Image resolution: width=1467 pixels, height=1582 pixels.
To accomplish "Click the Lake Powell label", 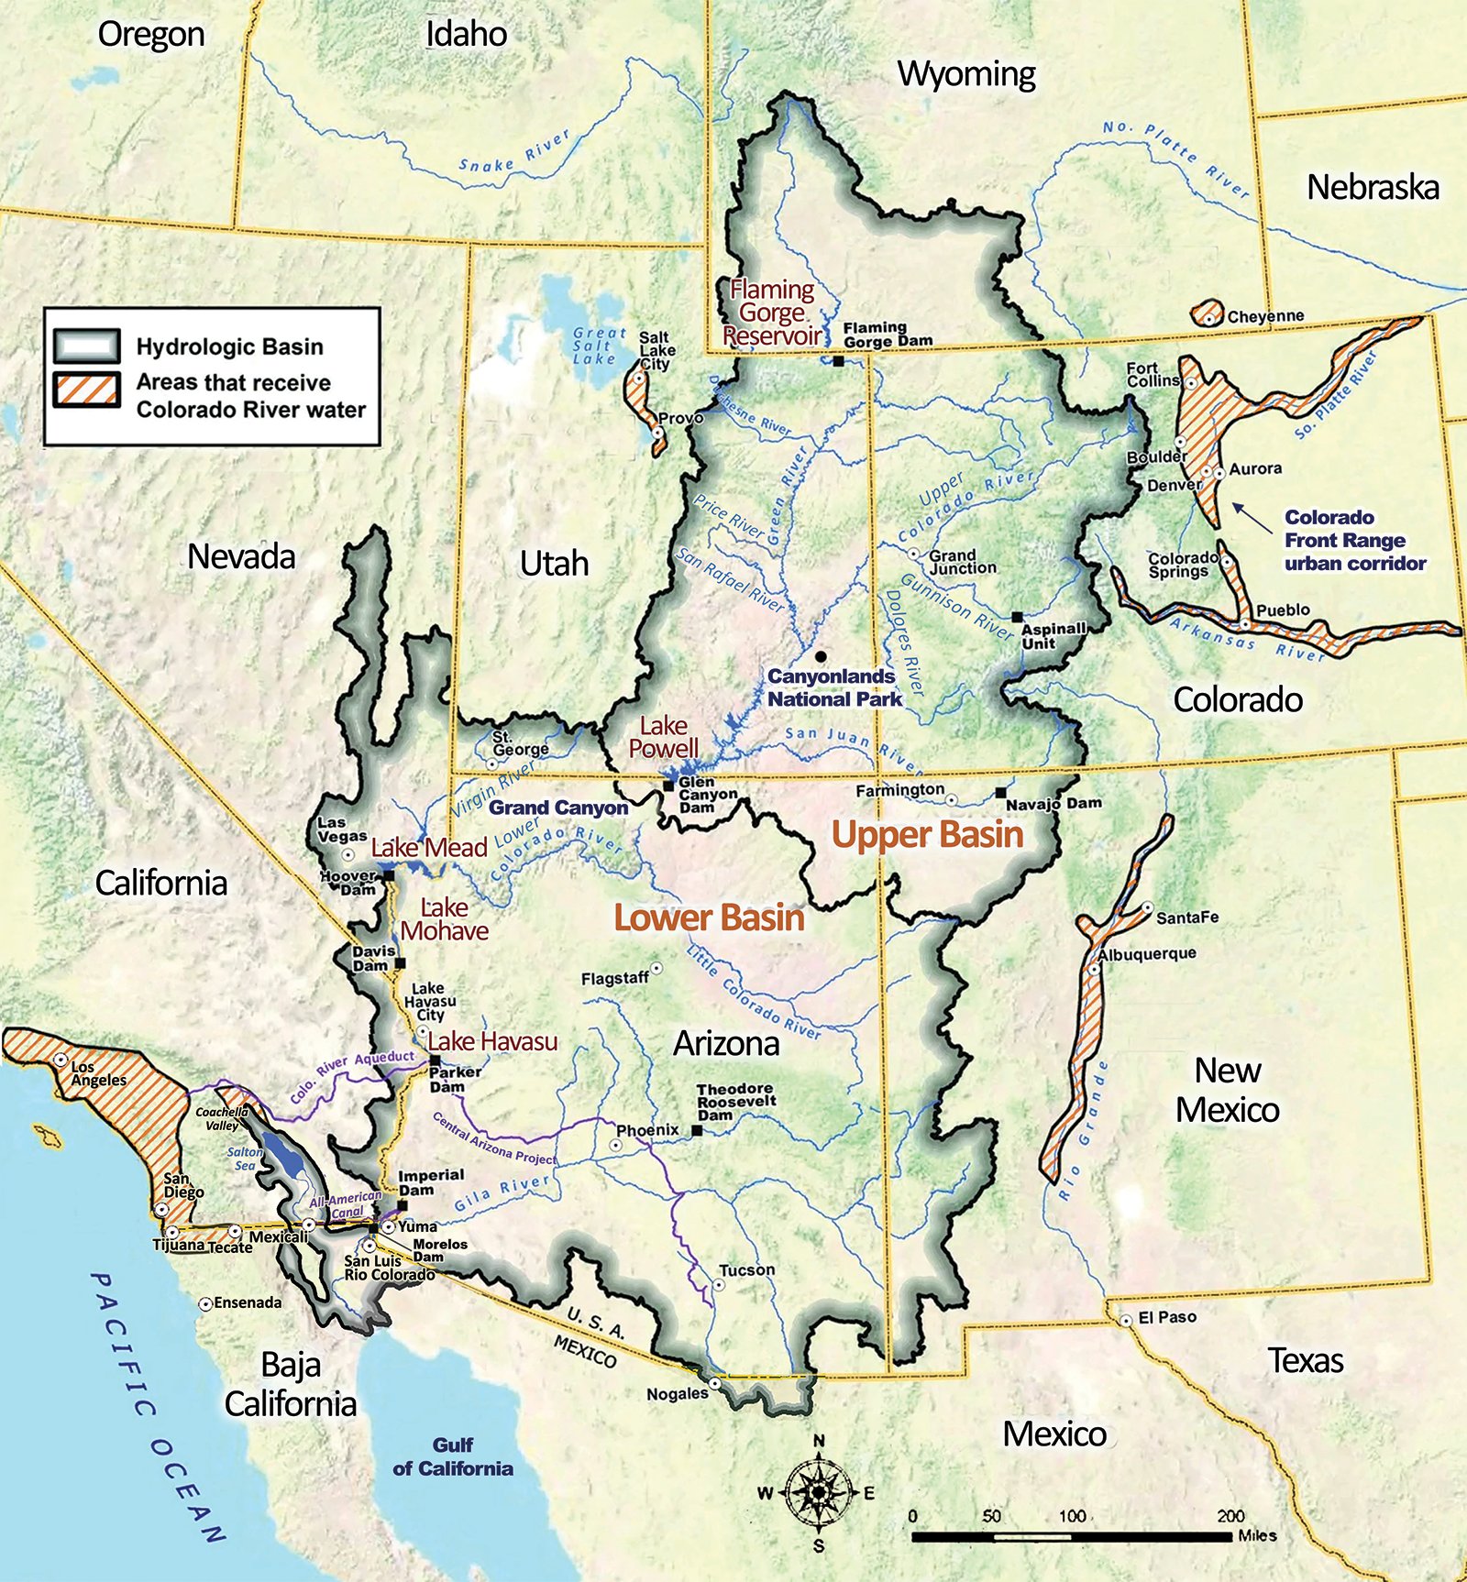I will [663, 737].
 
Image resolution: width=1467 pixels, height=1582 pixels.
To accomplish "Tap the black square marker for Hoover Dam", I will [389, 876].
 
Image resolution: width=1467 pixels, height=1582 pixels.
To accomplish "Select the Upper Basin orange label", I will [927, 834].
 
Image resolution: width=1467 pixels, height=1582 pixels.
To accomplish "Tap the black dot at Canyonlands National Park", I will [821, 656].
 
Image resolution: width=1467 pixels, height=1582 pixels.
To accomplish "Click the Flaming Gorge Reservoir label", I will [772, 313].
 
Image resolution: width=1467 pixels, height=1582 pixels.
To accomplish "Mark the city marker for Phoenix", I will [616, 1146].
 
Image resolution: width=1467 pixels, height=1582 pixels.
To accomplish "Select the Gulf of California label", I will [453, 1456].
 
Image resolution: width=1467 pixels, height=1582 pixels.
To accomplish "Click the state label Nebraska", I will [1372, 187].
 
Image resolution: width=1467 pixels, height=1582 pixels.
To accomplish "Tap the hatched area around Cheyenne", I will [1208, 313].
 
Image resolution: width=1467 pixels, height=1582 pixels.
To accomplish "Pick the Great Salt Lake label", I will [598, 346].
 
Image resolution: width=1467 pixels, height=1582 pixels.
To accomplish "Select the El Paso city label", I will [1166, 1317].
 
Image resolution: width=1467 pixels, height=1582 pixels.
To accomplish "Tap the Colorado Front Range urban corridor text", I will [1353, 540].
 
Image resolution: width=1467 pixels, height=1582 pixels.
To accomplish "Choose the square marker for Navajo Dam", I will [1000, 792].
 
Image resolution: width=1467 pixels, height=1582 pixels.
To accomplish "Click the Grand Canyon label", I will [557, 807].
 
